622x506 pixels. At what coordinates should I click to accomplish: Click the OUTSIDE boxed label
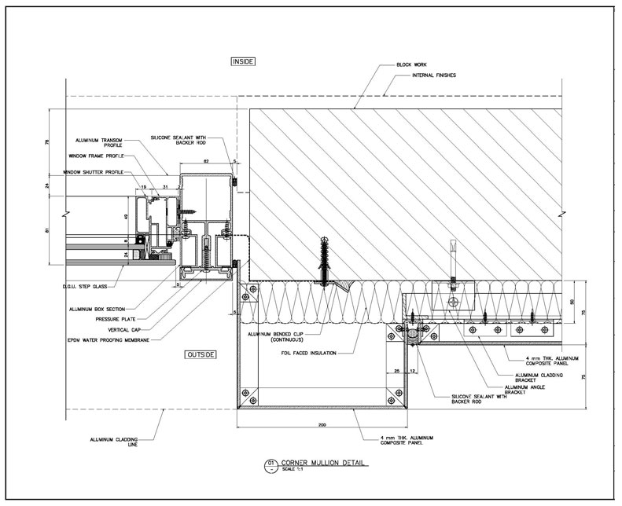pos(200,355)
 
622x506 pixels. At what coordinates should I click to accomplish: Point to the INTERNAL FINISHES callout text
pos(434,75)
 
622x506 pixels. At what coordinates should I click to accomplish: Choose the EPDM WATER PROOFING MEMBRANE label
pos(103,339)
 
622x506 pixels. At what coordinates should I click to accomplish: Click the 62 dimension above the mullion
pos(206,160)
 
